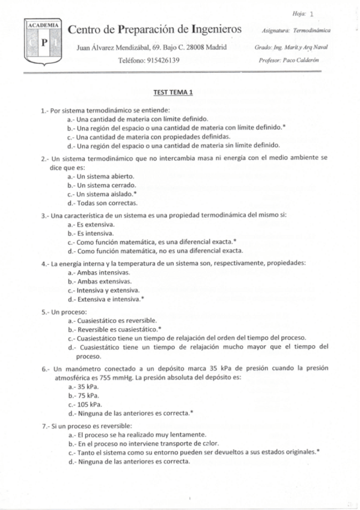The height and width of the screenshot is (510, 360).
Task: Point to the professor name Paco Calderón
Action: (x=294, y=60)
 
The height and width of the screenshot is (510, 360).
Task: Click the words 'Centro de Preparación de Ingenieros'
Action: (x=155, y=29)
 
